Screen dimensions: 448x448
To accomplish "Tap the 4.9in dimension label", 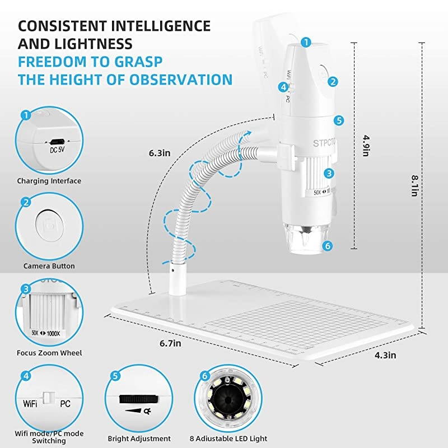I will coord(365,145).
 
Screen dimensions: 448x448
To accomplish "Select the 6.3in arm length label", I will coord(160,152).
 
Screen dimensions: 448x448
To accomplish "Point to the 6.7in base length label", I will coord(170,343).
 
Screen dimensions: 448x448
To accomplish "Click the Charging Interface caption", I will coord(49,181).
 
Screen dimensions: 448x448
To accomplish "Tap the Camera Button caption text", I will coord(49,266).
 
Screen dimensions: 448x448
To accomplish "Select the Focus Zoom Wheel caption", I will coord(49,353).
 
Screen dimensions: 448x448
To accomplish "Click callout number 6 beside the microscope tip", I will coord(328,245).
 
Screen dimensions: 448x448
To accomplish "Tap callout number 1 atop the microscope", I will coord(306,41).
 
